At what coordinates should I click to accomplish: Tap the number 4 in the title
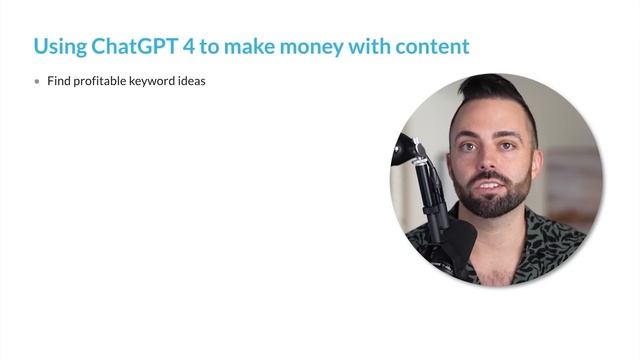point(196,46)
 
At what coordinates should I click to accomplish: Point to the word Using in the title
point(59,46)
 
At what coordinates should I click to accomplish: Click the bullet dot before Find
point(38,82)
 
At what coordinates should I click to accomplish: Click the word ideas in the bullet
point(192,81)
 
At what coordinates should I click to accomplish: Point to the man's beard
point(493,200)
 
